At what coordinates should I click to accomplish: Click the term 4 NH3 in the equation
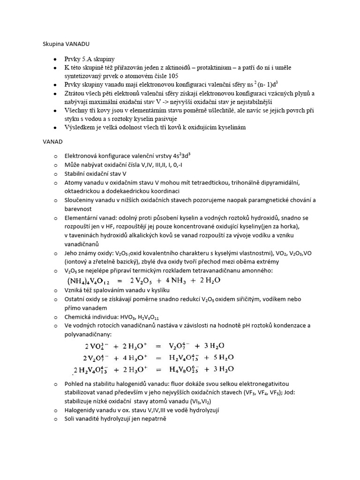click(x=176, y=281)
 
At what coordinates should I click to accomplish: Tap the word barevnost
click(x=79, y=209)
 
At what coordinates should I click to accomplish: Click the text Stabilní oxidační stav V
click(x=96, y=173)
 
